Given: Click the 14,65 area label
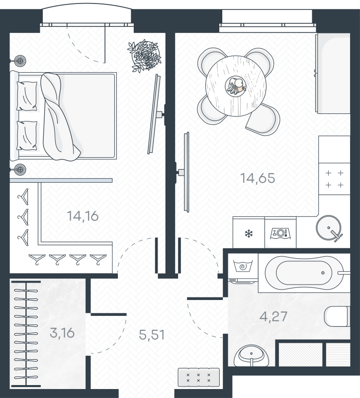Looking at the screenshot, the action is click(x=258, y=178).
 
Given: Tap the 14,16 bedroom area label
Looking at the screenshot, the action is click(x=83, y=216).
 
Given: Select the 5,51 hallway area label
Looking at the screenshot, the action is click(x=152, y=335).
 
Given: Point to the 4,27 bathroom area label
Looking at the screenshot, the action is click(x=273, y=316).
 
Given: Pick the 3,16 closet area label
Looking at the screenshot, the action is click(x=62, y=333).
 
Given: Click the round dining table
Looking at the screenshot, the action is click(x=236, y=86).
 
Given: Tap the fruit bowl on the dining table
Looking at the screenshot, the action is click(x=236, y=86).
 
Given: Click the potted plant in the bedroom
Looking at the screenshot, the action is click(x=145, y=56).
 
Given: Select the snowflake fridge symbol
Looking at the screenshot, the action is click(x=249, y=233).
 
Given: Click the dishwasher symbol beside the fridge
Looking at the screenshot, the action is click(x=280, y=233).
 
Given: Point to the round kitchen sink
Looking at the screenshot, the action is click(x=329, y=228).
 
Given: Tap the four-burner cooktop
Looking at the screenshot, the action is click(x=334, y=179).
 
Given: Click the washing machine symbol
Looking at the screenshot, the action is click(x=243, y=266).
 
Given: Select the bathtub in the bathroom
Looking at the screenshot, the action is click(x=304, y=273).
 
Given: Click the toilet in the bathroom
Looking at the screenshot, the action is click(x=337, y=316).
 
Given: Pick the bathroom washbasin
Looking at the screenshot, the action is click(x=251, y=356).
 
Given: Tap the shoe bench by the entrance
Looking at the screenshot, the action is click(x=199, y=378).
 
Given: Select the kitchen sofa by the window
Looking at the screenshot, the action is click(x=333, y=73).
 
